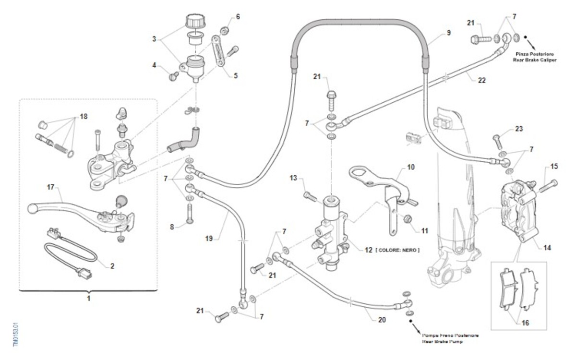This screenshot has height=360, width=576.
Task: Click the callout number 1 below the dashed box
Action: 88,299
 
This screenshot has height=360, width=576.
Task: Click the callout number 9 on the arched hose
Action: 448,33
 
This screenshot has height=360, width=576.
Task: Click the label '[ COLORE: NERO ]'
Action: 397,250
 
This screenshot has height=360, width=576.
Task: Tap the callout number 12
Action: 368,250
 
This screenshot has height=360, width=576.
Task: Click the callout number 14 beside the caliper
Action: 547,248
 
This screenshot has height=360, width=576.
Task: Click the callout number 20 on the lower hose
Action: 382,320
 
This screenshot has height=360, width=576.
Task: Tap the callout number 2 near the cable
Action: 112,265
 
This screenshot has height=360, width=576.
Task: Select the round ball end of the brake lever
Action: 33,208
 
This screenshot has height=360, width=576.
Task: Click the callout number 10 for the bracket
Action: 410,168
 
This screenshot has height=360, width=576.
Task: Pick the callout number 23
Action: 519,129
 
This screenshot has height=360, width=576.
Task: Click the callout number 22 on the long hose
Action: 481,81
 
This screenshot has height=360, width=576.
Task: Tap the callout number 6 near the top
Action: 238,17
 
